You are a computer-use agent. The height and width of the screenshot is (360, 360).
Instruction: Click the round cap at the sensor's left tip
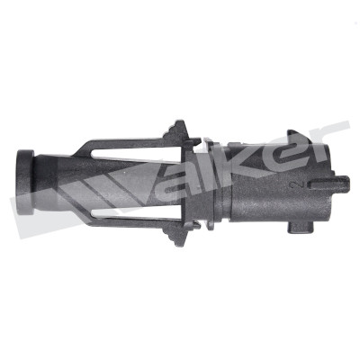point(24,182)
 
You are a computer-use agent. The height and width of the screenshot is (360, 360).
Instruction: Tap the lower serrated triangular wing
point(177,236)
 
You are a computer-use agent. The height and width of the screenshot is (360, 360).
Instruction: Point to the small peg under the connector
point(300,228)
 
